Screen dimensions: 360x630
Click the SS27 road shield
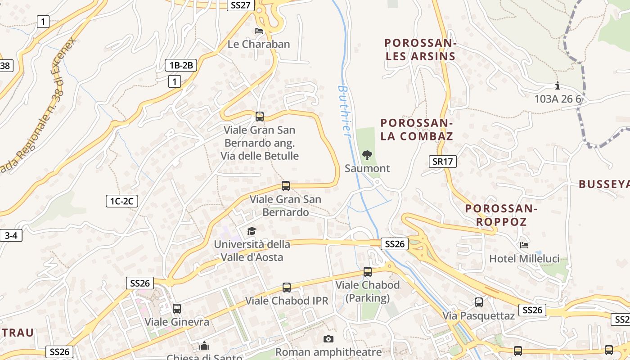point(241,5)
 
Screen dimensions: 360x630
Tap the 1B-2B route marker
point(181,65)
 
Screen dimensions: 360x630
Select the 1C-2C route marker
point(121,201)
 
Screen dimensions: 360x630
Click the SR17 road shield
point(442,162)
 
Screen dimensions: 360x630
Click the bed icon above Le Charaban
point(259,31)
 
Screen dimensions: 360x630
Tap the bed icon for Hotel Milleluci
point(524,245)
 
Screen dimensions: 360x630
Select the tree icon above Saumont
point(367,155)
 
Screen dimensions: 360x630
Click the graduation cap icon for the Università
point(252,231)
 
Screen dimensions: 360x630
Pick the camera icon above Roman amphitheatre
point(328,339)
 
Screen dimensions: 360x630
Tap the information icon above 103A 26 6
point(558,85)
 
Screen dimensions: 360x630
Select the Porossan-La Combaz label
point(416,130)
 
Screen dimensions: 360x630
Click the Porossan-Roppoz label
point(501,215)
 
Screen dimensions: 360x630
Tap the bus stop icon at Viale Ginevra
point(177,309)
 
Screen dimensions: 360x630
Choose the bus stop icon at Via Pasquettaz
point(479,302)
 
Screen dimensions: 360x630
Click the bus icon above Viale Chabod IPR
point(287,287)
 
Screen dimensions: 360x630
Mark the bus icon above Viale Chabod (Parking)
point(368,272)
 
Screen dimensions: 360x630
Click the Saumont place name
point(367,168)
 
